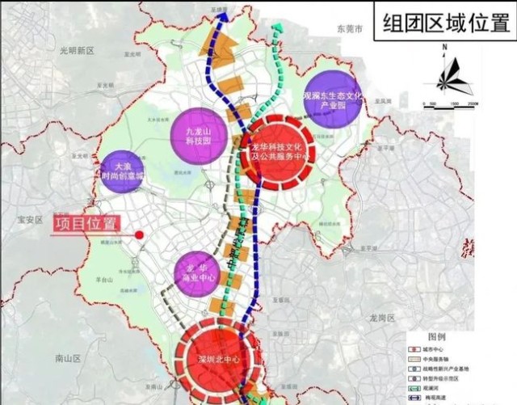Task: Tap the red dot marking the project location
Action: tap(140, 235)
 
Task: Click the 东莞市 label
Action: tap(352, 28)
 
